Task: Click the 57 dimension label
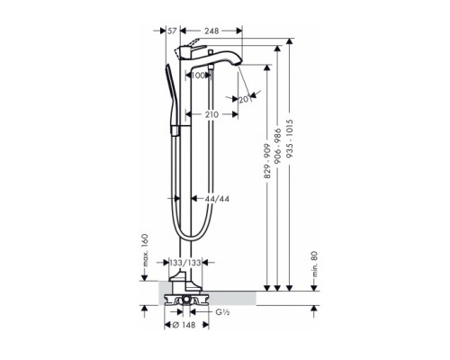172,31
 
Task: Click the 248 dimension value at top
211,31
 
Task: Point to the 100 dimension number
198,76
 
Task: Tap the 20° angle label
245,99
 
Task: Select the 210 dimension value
211,114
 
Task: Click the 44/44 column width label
217,199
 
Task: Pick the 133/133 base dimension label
185,263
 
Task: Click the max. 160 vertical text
145,250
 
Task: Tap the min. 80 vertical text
314,264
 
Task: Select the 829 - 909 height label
267,161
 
